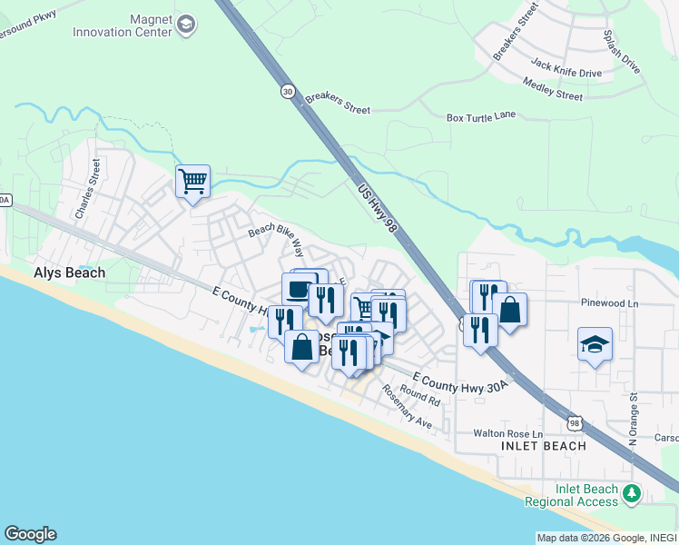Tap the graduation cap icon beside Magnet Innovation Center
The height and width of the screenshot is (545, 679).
click(x=187, y=25)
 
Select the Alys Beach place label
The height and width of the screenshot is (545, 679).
click(x=69, y=272)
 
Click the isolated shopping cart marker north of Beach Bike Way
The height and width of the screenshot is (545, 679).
click(x=192, y=181)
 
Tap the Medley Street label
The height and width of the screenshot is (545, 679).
click(x=552, y=89)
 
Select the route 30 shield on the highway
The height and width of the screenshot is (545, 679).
click(x=288, y=92)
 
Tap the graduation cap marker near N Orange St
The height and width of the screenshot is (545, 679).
click(x=595, y=344)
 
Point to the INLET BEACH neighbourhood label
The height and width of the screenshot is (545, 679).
click(x=543, y=446)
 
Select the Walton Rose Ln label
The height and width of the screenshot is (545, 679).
click(x=508, y=433)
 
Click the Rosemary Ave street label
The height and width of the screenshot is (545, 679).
click(x=407, y=406)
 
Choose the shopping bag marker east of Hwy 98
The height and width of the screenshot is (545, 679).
click(x=510, y=310)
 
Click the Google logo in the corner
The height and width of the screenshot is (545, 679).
click(x=30, y=534)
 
